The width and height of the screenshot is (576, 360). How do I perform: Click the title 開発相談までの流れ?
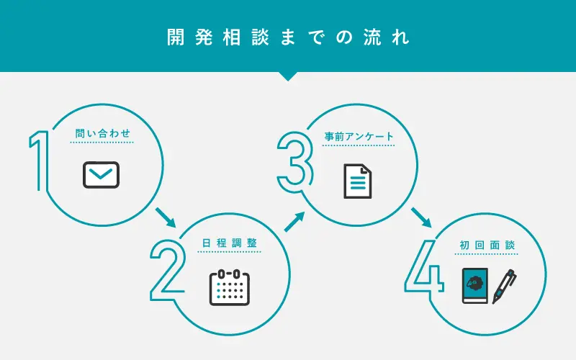click(287, 37)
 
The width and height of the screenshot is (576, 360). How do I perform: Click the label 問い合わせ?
click(102, 133)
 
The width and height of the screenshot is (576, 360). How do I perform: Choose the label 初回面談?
click(487, 246)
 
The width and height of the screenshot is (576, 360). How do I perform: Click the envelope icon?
click(102, 175)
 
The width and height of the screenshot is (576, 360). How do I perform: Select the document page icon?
click(358, 180)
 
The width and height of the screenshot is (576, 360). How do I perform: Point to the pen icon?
click(505, 286)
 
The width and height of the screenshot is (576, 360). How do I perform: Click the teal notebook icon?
click(474, 287)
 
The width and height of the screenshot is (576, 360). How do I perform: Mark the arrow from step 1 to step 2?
click(166, 217)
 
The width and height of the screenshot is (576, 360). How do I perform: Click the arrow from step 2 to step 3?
click(293, 221)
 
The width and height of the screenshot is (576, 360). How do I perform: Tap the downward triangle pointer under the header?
click(287, 76)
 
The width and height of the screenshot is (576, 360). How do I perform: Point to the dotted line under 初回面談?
click(487, 254)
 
